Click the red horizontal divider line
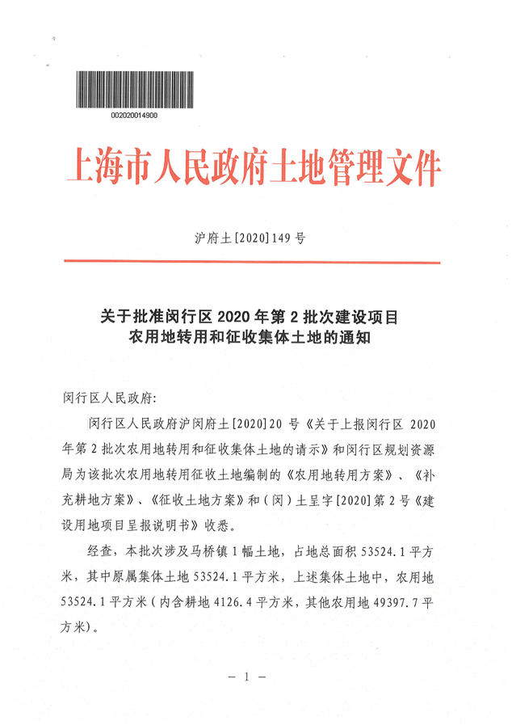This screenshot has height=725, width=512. point(251,262)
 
